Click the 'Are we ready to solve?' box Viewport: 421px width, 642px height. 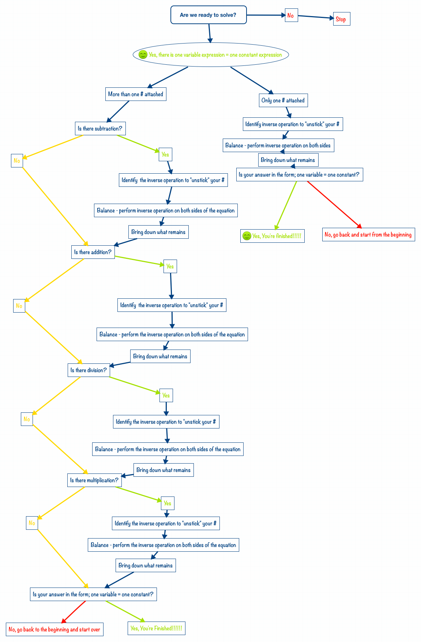(208, 15)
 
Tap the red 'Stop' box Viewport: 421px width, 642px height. (341, 19)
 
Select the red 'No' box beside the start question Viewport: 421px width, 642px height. (291, 15)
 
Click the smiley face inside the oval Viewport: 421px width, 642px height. (143, 54)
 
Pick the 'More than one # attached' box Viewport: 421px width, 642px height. (136, 94)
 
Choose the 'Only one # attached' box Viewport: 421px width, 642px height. (283, 100)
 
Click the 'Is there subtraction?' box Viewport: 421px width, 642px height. (100, 128)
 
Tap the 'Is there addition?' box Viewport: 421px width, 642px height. (93, 252)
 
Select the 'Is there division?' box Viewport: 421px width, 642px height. (89, 370)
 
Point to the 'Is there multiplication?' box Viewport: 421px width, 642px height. (94, 480)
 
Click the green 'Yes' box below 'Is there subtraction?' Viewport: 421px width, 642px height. (165, 154)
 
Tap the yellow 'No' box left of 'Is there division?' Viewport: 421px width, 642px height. (27, 419)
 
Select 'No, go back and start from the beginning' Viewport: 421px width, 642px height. (368, 234)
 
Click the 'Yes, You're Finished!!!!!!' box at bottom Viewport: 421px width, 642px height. (156, 628)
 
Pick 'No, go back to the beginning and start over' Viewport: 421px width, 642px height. (54, 629)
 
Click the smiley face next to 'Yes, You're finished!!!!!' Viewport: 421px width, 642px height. (247, 236)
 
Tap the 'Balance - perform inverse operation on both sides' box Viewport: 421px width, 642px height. (278, 145)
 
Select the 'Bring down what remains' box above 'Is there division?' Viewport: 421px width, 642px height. (160, 356)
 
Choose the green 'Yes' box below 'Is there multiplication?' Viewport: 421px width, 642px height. (168, 503)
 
